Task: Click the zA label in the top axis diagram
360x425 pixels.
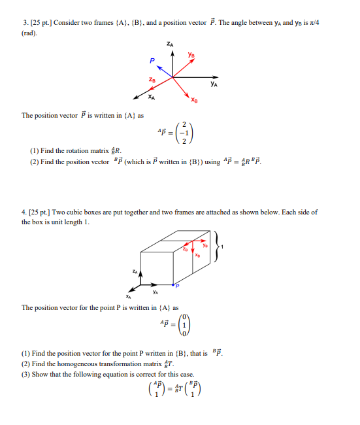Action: tap(172, 44)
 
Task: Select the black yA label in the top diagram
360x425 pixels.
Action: tap(214, 84)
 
